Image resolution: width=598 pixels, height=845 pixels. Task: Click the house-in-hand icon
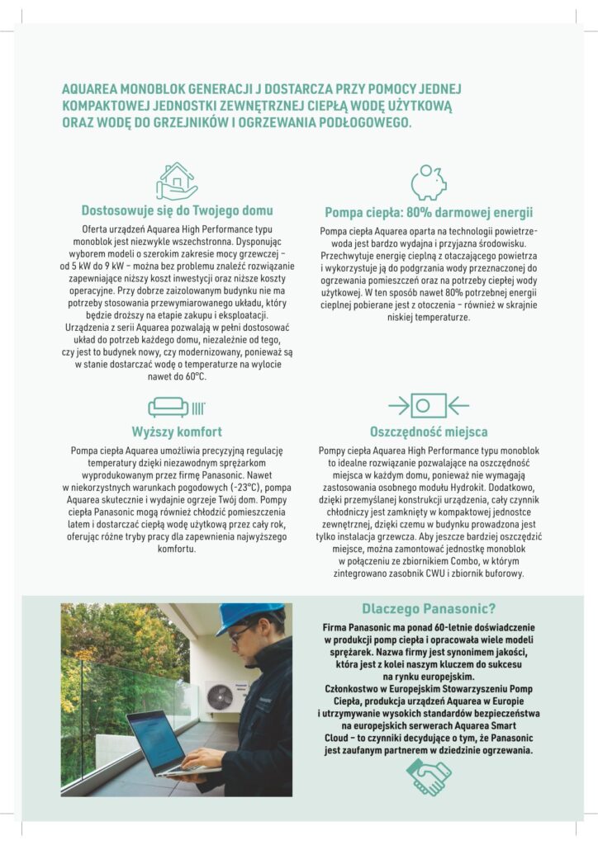click(x=177, y=181)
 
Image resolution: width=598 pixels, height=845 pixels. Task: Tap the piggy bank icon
click(x=428, y=182)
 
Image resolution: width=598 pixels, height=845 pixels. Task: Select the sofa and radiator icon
click(x=176, y=406)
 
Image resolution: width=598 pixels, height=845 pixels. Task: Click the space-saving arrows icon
click(x=428, y=405)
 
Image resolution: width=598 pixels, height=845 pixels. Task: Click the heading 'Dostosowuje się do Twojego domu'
click(x=177, y=210)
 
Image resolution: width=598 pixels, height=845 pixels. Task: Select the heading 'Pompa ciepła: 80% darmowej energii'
click(x=428, y=211)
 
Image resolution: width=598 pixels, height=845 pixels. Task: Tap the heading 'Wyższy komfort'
click(x=177, y=432)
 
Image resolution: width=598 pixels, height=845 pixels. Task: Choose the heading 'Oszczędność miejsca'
click(x=428, y=432)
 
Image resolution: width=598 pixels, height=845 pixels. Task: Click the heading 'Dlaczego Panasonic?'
click(x=428, y=610)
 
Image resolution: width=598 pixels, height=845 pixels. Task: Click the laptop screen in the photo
click(x=156, y=739)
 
